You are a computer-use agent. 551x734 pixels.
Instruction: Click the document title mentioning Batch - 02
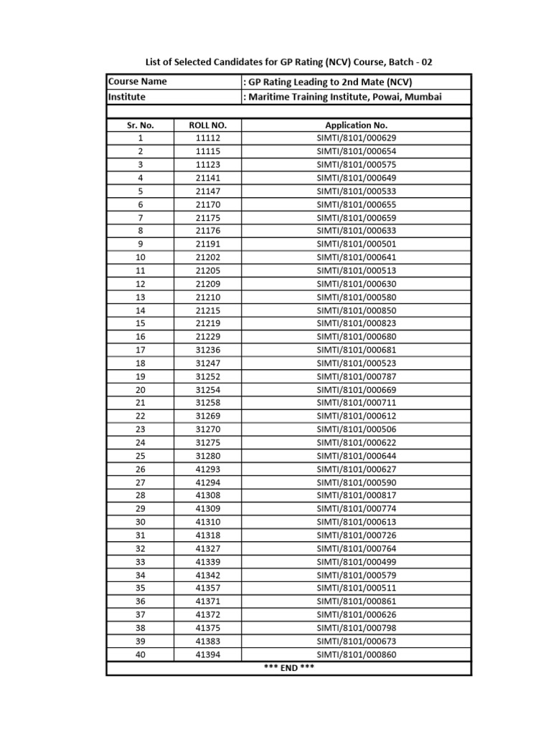pyautogui.click(x=289, y=62)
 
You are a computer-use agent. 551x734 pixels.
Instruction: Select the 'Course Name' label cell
pyautogui.click(x=137, y=82)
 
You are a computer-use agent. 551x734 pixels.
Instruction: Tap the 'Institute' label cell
pyautogui.click(x=127, y=96)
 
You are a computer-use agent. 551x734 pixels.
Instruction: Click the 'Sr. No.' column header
pyautogui.click(x=141, y=125)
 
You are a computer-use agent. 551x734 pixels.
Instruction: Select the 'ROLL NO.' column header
pyautogui.click(x=207, y=125)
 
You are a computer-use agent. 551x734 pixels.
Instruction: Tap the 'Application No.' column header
pyautogui.click(x=356, y=125)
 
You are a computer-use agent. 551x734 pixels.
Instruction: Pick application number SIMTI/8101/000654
pyautogui.click(x=356, y=151)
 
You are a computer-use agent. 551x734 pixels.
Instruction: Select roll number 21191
pyautogui.click(x=207, y=244)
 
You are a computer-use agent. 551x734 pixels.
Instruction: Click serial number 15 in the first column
pyautogui.click(x=141, y=323)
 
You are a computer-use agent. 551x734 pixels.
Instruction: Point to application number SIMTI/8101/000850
pyautogui.click(x=356, y=310)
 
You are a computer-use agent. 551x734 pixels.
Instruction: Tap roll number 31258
pyautogui.click(x=207, y=403)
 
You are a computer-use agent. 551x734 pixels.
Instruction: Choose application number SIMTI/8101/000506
pyautogui.click(x=356, y=429)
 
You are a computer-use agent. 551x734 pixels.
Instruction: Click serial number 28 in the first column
pyautogui.click(x=141, y=496)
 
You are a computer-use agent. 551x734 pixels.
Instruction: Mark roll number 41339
pyautogui.click(x=207, y=562)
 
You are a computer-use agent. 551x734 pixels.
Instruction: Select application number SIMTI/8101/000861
pyautogui.click(x=356, y=601)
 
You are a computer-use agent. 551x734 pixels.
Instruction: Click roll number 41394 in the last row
pyautogui.click(x=207, y=654)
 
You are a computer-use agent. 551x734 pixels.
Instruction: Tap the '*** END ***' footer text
pyautogui.click(x=288, y=668)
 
